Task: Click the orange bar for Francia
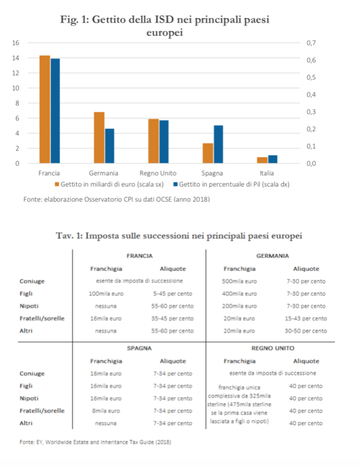[45, 109]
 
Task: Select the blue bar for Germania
[109, 146]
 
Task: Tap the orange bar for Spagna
[208, 153]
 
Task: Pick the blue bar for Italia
[272, 159]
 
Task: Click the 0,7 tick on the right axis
[311, 43]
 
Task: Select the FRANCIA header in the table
[139, 255]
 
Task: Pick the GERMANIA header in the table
[272, 255]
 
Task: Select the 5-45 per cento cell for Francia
[176, 294]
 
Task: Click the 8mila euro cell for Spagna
[106, 411]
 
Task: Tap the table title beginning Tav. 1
[179, 236]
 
